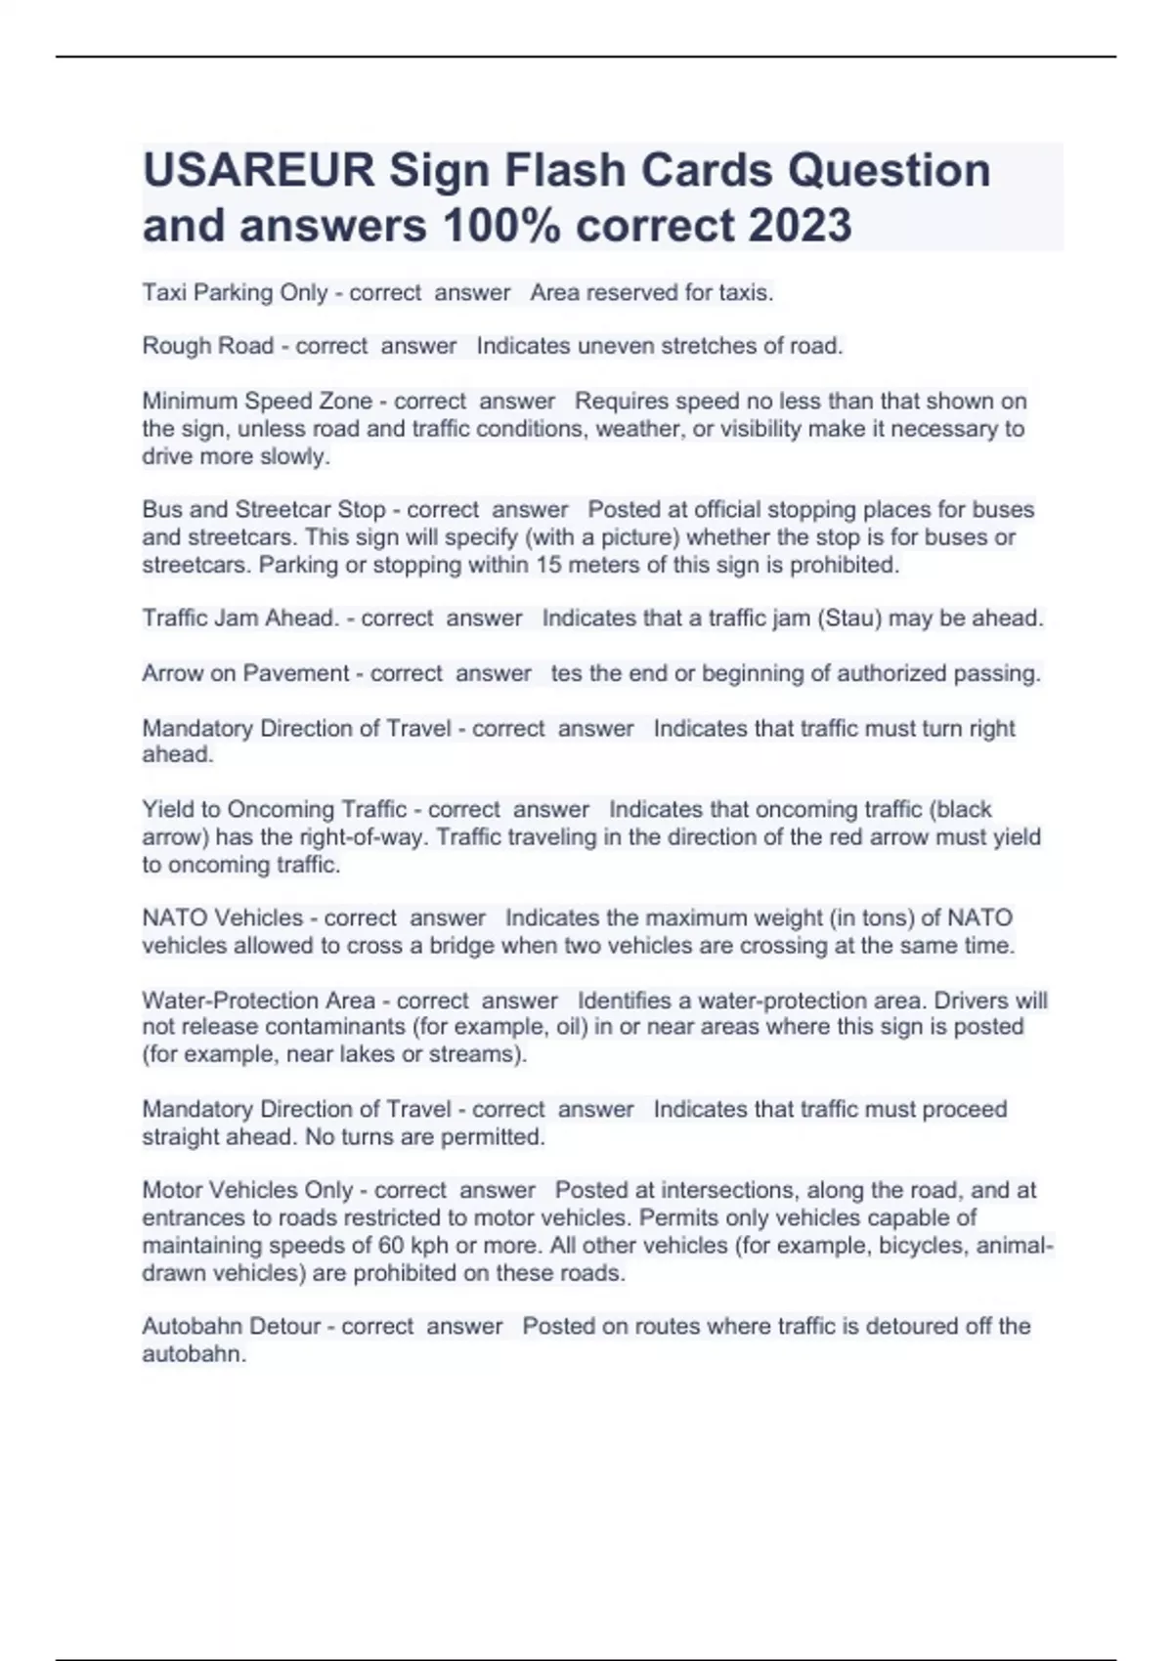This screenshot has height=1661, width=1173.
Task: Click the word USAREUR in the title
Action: (x=258, y=171)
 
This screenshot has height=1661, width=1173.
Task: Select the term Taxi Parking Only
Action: (x=235, y=292)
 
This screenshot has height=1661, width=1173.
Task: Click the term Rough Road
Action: (x=207, y=346)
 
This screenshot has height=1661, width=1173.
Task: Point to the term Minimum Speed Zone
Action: (x=257, y=401)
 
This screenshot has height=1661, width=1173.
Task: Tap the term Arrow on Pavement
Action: (x=245, y=673)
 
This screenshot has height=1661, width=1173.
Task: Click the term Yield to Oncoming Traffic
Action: (x=274, y=809)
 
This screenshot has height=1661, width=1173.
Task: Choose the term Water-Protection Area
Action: (x=258, y=1001)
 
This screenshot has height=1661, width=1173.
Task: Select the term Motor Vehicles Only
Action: (x=247, y=1190)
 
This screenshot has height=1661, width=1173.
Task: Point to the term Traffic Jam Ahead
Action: (x=240, y=618)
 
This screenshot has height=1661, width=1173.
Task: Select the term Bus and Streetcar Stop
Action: (x=264, y=510)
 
